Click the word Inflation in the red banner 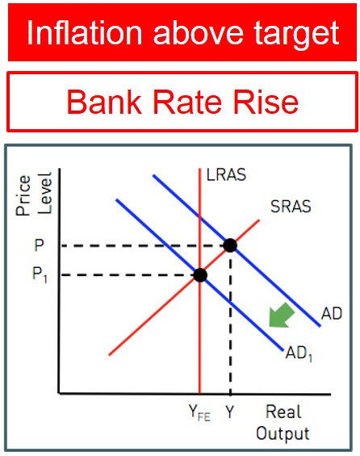click(x=85, y=32)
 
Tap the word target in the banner click(x=296, y=36)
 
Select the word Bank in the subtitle click(x=104, y=102)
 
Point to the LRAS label click(x=226, y=175)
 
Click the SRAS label click(x=291, y=207)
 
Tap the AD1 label click(x=299, y=354)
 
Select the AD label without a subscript click(x=332, y=313)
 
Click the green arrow click(x=281, y=316)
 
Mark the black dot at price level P click(x=230, y=245)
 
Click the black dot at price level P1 click(x=200, y=275)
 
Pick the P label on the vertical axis click(x=39, y=245)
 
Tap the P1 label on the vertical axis click(x=40, y=275)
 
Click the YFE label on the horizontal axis click(x=199, y=413)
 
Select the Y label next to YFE click(x=230, y=412)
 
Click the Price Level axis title click(x=33, y=195)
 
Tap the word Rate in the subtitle click(x=187, y=102)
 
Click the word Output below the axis click(x=283, y=434)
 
